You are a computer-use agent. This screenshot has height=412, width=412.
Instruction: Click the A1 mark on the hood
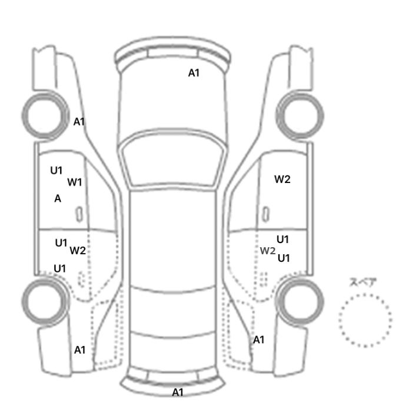[x=194, y=73]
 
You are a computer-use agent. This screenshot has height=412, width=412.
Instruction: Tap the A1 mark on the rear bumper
[x=178, y=393]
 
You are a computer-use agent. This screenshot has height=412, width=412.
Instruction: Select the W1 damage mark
[x=75, y=182]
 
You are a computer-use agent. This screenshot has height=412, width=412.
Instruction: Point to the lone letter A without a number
[x=58, y=198]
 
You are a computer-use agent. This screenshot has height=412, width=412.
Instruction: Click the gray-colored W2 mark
[x=268, y=251]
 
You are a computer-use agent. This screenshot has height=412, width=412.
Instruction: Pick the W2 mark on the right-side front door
[x=283, y=179]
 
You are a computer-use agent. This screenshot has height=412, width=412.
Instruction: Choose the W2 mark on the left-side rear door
[x=78, y=250]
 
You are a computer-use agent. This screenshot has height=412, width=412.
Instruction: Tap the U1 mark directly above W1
[x=57, y=171]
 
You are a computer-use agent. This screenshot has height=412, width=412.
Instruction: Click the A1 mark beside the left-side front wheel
[x=79, y=122]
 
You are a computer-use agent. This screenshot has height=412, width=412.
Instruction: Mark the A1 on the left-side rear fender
[x=79, y=350]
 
